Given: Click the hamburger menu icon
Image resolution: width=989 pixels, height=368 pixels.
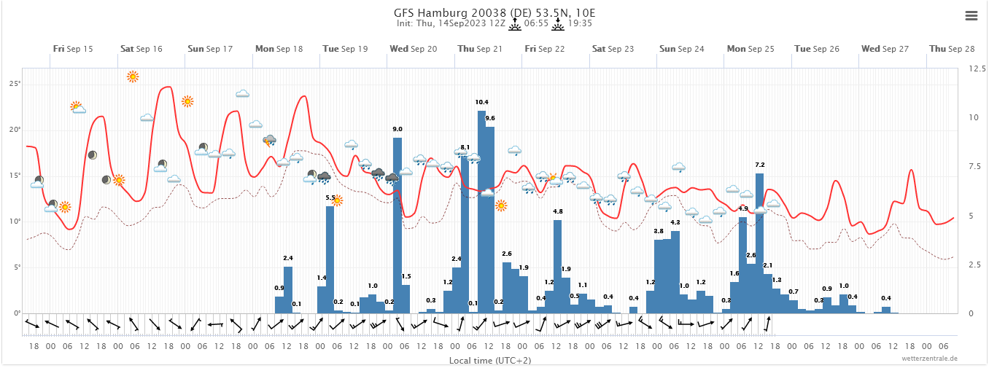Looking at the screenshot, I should (971, 15).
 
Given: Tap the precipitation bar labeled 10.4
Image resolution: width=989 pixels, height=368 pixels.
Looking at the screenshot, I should (481, 211).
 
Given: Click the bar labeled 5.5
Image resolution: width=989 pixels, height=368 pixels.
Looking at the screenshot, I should (330, 259).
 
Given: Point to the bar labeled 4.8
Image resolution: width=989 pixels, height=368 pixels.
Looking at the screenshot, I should (558, 266).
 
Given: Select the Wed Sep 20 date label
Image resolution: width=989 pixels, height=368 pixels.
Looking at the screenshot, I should (414, 49).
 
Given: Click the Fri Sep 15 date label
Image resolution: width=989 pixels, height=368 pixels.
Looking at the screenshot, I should (73, 49).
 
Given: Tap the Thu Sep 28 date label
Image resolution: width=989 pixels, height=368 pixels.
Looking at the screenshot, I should (952, 49).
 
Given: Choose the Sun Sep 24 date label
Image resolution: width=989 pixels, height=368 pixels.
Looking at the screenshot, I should (682, 49).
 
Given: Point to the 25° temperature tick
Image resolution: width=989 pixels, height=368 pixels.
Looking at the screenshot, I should (15, 84).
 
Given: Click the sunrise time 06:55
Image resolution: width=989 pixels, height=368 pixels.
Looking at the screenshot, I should (536, 23).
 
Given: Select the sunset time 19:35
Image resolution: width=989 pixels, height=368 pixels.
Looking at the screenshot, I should (581, 23).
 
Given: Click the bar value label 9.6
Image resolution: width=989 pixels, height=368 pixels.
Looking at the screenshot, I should (490, 118).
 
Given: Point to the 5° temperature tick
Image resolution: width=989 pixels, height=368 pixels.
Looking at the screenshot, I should (16, 267).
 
